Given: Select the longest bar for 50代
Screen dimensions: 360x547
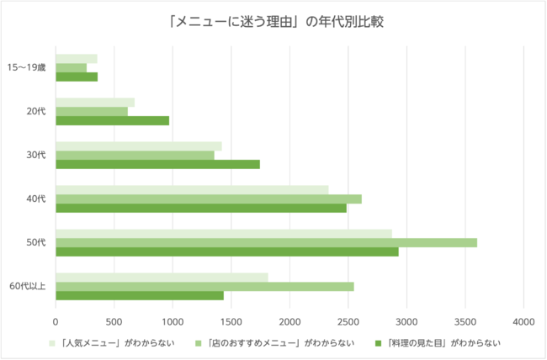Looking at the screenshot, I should coord(266,242).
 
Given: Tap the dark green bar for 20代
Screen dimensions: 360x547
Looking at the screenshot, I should coord(112,120).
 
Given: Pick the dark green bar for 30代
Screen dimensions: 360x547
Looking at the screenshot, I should coord(157,164).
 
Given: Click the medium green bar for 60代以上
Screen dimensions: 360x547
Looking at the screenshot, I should coord(204,286).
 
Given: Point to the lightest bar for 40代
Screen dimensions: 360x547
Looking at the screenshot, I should coord(192,190).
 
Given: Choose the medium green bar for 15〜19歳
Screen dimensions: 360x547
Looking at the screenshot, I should coord(72,67).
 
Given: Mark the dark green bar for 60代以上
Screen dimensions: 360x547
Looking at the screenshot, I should coord(140,295).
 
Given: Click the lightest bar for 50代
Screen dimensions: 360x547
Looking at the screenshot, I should coord(224,233).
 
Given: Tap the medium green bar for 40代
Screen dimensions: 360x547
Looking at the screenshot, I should coord(209,199).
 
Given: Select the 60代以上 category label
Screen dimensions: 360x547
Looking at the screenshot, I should coord(28,286).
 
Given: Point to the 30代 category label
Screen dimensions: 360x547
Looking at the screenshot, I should coord(36,155).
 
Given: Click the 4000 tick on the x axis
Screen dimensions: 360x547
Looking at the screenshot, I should coord(523,320).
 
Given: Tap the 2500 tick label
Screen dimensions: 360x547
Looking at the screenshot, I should coord(348,320).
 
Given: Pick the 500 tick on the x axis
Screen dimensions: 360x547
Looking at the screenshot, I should coord(114,320).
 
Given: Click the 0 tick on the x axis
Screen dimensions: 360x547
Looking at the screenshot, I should coord(56,320).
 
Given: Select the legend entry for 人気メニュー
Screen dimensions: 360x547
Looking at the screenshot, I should coord(118,342).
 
